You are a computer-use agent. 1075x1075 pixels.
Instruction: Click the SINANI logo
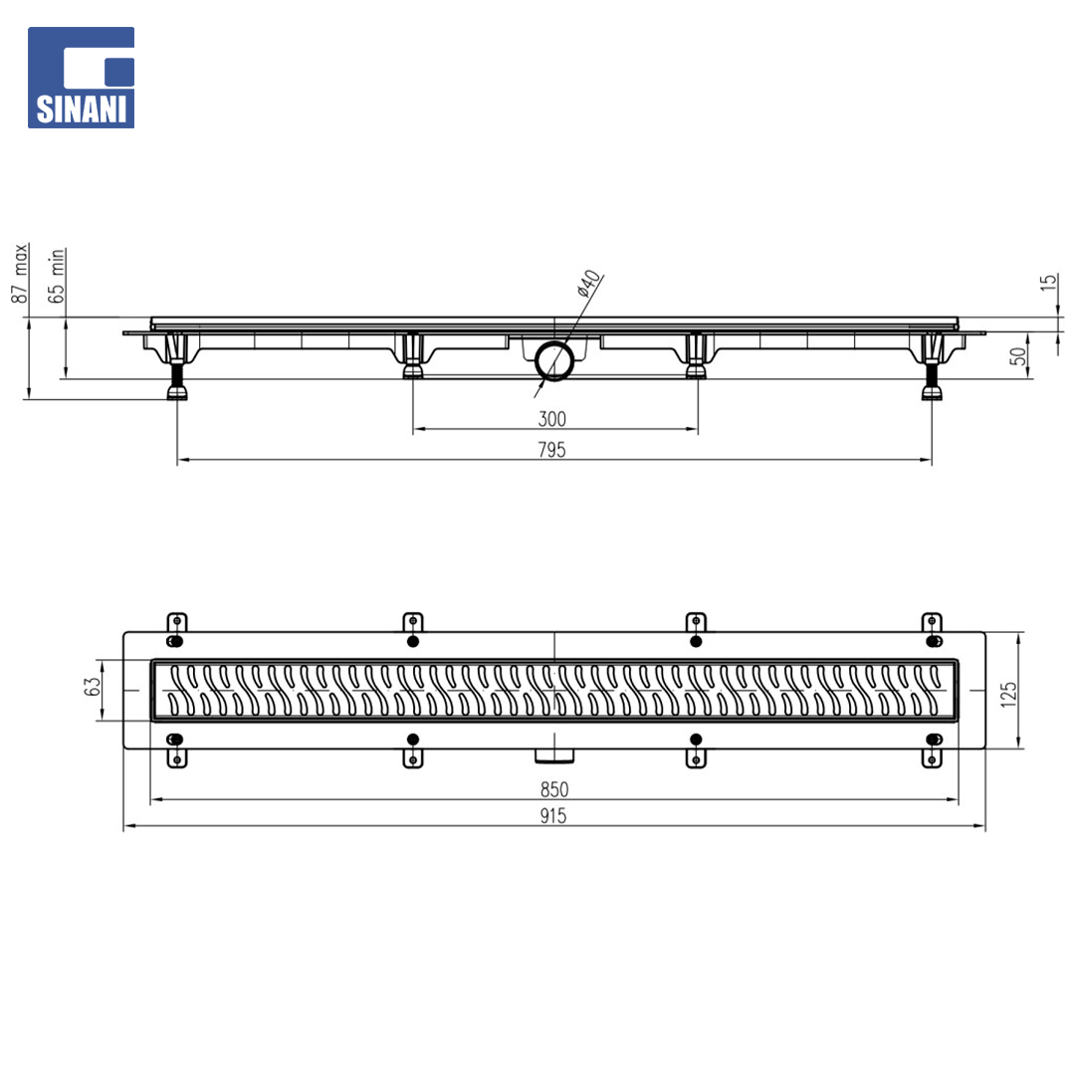point(81,78)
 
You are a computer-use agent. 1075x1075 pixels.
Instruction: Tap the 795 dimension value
point(551,450)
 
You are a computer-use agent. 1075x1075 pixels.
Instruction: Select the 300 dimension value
point(551,419)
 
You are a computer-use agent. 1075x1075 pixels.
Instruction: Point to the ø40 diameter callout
point(589,283)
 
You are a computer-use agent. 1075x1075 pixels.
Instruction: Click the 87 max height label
point(21,273)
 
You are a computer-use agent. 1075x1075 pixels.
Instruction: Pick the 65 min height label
point(56,276)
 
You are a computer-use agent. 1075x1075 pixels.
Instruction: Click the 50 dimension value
point(1019,356)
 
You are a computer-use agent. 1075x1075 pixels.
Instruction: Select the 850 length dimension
point(554,789)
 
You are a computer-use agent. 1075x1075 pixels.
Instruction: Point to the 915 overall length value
point(553,816)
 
